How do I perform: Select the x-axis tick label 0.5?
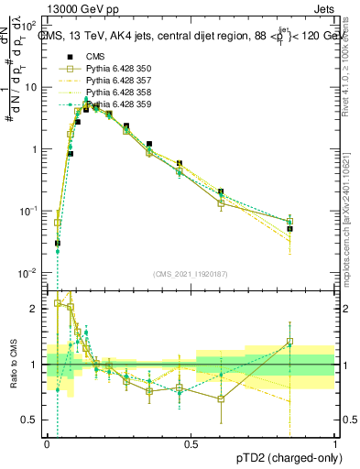coord(191,443)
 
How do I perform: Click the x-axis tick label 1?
coord(335,443)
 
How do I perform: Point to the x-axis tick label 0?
coord(47,443)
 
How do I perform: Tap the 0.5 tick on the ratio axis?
coord(32,420)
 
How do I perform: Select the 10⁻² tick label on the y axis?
coord(31,273)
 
